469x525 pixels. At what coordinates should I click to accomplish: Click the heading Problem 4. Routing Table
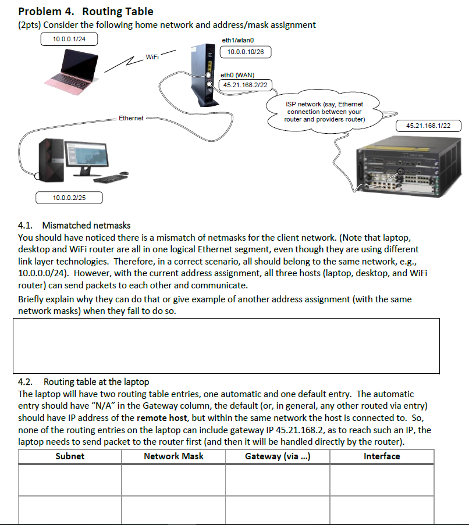coord(86,11)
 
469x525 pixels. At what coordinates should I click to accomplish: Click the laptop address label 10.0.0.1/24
coord(69,39)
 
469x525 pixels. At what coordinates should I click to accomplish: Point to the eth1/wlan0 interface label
coord(239,40)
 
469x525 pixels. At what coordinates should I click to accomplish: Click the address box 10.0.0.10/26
coord(246,52)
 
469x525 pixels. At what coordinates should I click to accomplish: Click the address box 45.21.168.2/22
coord(246,85)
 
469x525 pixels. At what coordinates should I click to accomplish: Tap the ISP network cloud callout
coord(324,112)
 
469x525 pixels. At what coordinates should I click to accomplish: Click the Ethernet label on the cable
coord(131,118)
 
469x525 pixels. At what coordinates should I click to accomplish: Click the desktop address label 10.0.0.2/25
coord(69,198)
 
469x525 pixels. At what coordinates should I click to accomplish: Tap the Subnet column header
coord(70,456)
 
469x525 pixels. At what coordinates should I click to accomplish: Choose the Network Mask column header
coord(173,456)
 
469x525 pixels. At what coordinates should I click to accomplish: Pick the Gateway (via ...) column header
coord(278,456)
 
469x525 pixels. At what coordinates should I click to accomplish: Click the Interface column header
coord(382,456)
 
